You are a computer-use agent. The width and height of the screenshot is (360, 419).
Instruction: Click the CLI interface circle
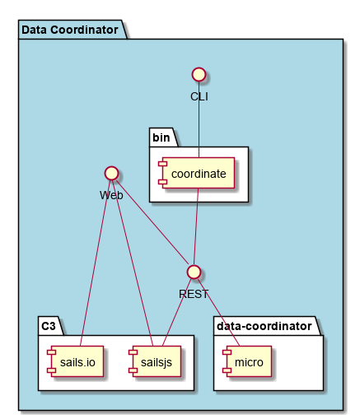(199, 74)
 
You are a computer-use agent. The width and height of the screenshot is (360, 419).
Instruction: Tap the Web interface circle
(112, 173)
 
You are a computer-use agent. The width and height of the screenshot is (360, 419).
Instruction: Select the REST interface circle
(194, 272)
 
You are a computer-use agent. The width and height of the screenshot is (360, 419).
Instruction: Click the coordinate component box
(197, 173)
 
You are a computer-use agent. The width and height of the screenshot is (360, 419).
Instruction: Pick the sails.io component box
(75, 361)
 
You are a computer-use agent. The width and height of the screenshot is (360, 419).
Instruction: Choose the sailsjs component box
(155, 361)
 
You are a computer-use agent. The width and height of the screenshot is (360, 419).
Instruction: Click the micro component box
(247, 361)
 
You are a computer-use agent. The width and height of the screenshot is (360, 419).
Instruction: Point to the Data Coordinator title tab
(70, 30)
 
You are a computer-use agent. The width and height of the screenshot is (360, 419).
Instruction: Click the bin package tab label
(161, 137)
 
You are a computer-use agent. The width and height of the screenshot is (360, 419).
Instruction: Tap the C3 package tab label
(49, 326)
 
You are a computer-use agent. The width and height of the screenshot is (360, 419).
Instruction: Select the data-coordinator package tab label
(264, 326)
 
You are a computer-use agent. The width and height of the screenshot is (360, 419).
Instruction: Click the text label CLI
(199, 96)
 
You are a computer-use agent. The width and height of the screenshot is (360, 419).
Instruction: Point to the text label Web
(111, 195)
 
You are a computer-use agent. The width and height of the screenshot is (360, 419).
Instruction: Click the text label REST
(194, 294)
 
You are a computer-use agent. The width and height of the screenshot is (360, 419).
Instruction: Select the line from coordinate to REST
(196, 226)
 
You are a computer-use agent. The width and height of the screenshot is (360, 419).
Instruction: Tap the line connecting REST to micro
(218, 312)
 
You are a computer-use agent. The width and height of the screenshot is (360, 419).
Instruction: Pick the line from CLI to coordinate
(199, 119)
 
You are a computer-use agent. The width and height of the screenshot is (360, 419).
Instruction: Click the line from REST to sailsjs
(177, 312)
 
